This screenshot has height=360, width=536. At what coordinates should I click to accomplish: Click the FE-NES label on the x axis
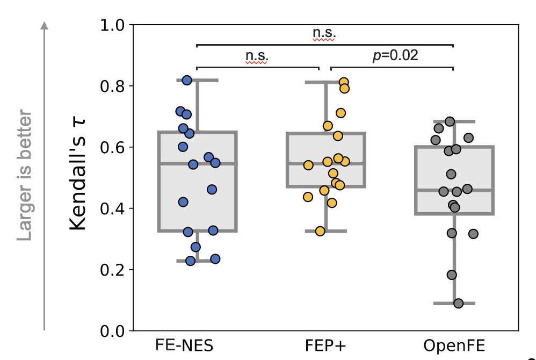[x=185, y=345]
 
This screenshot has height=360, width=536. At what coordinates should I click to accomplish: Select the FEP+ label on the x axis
[x=325, y=345]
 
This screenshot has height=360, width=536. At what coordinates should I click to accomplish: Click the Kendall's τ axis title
[x=78, y=177]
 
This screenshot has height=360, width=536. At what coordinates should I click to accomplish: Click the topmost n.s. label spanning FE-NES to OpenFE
[x=324, y=33]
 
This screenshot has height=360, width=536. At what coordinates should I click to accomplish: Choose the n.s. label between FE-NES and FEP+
[x=257, y=55]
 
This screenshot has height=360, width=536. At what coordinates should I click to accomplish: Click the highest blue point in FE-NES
[x=187, y=80]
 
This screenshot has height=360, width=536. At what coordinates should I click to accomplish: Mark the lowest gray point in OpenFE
[x=458, y=304]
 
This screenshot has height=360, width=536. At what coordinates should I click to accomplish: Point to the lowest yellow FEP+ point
[x=320, y=231]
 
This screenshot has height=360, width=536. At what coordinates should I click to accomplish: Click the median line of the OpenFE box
[x=454, y=190]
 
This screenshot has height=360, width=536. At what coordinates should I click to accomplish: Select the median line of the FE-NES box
[x=197, y=163]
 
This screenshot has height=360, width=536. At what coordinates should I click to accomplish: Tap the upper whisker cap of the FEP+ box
[x=325, y=82]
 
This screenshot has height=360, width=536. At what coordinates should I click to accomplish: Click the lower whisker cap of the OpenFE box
[x=454, y=304]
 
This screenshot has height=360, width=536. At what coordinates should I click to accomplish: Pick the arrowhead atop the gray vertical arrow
[x=45, y=25]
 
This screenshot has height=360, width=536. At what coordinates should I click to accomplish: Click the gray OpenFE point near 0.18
[x=452, y=275]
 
